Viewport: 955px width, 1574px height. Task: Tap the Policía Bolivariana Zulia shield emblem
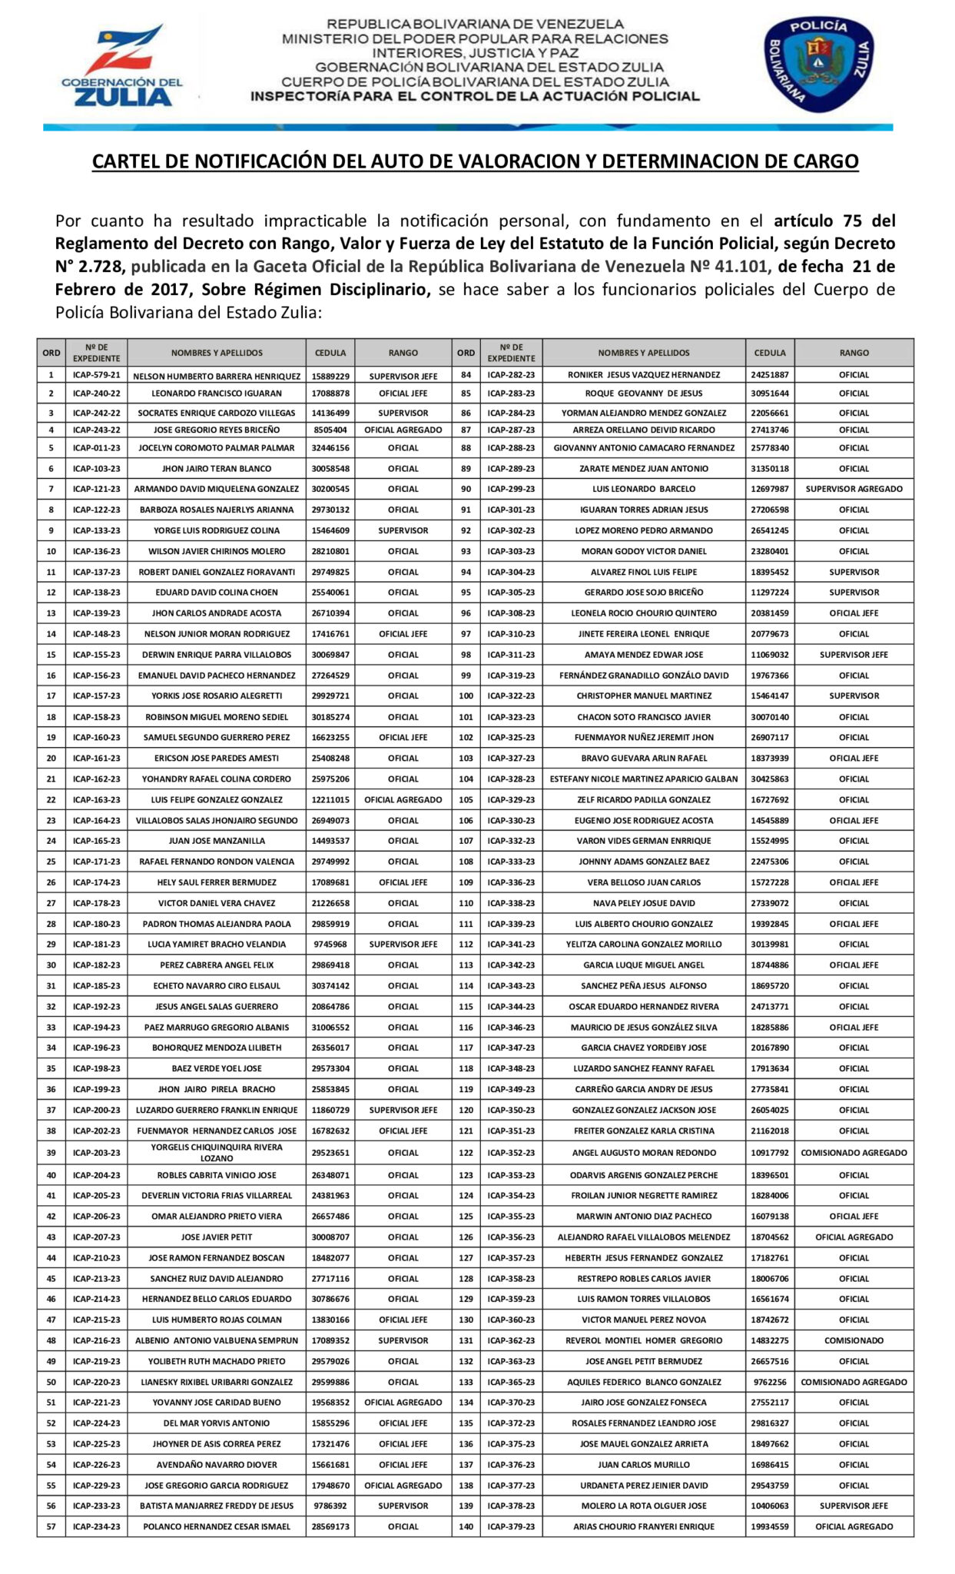[817, 65]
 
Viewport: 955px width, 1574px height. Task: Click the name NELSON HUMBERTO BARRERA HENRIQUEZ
[217, 377]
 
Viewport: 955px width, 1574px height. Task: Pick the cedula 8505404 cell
[330, 430]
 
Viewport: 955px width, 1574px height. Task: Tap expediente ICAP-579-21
[96, 377]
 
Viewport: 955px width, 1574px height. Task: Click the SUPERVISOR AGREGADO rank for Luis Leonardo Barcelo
[854, 489]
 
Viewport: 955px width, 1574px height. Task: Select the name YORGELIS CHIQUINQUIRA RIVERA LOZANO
[217, 1153]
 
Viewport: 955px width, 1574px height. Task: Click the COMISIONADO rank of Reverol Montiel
[854, 1340]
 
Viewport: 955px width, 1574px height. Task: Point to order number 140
[466, 1527]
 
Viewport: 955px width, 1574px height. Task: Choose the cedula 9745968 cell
[330, 944]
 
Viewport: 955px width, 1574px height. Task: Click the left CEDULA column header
[330, 353]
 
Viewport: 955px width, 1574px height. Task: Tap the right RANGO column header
[854, 353]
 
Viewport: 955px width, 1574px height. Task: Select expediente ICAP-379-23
[511, 1527]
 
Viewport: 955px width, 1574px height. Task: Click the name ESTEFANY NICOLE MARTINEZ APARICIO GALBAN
[644, 779]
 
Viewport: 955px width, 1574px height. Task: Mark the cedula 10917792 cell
[770, 1153]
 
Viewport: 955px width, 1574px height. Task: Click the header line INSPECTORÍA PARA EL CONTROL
[475, 97]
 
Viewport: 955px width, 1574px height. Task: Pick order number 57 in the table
[51, 1527]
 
